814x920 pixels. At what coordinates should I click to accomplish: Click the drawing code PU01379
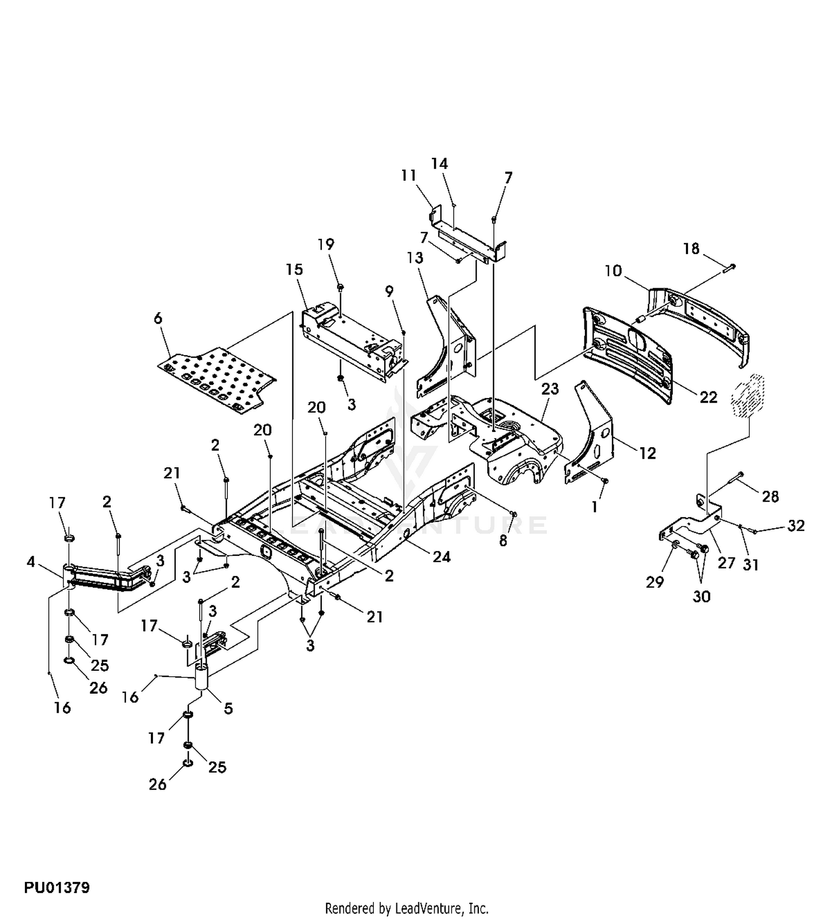coord(56,888)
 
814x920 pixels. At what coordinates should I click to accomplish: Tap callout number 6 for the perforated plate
coord(158,318)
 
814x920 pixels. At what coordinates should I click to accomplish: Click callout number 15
coord(295,270)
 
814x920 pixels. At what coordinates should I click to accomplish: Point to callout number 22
coord(708,398)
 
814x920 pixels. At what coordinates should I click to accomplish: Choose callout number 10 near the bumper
coord(613,270)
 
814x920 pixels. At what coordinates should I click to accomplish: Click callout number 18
coord(691,249)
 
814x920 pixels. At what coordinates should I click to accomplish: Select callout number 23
coord(550,389)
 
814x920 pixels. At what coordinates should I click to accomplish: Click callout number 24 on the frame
coord(442,557)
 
